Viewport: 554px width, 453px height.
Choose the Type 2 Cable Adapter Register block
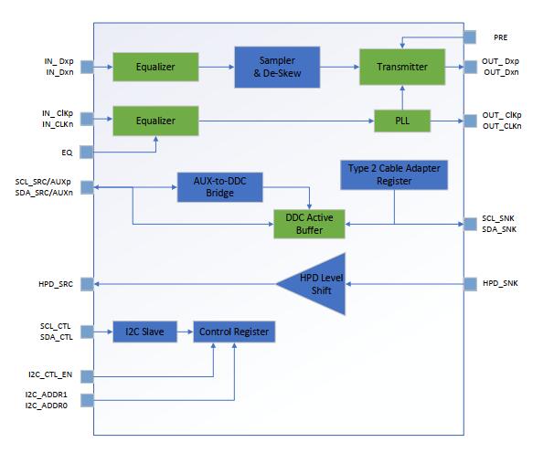(394, 175)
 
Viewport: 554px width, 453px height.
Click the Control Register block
(234, 332)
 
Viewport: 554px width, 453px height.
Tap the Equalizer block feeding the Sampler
(156, 67)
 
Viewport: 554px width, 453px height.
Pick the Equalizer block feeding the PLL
(156, 120)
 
